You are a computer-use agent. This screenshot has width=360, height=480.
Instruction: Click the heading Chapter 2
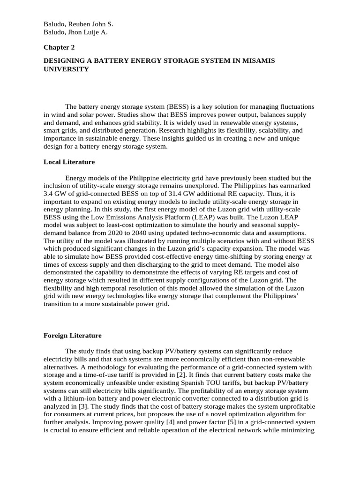(x=59, y=47)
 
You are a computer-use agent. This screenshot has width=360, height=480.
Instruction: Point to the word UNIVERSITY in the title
(x=66, y=69)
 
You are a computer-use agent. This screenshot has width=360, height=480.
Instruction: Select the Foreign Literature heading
(x=72, y=336)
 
